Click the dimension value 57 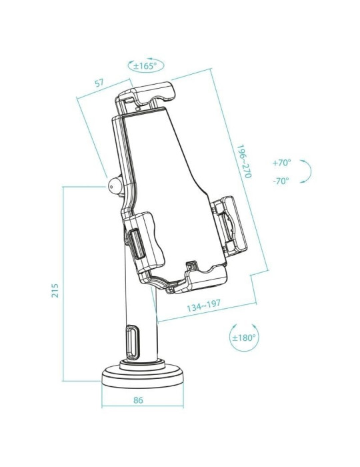click(99, 83)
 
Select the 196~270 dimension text click(245, 162)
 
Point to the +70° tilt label click(282, 162)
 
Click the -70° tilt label click(281, 181)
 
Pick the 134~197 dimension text click(204, 307)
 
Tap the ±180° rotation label click(244, 338)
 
